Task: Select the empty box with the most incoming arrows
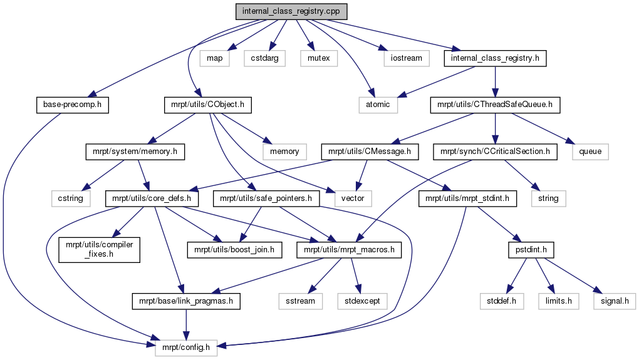click(186, 347)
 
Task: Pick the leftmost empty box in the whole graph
click(71, 198)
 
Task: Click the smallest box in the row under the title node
click(214, 58)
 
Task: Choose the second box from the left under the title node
click(264, 58)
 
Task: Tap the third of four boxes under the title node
click(319, 58)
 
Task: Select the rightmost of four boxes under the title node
click(406, 58)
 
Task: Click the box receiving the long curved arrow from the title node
click(378, 105)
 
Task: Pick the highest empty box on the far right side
click(590, 151)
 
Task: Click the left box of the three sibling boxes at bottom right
click(502, 301)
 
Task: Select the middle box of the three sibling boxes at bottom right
click(558, 301)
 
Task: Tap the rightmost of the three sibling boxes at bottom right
click(615, 301)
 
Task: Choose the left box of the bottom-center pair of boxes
click(300, 301)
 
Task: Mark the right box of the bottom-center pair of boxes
click(362, 301)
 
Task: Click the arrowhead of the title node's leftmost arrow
click(91, 95)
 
